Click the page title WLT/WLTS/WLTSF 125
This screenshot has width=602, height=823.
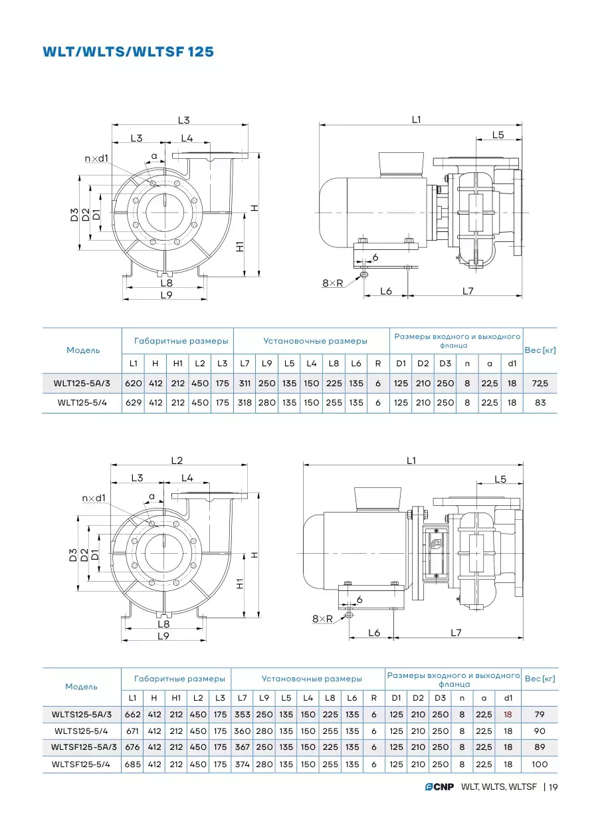click(x=128, y=52)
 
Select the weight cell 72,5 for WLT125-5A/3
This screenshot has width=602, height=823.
click(x=540, y=384)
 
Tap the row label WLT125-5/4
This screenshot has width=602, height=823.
click(x=82, y=403)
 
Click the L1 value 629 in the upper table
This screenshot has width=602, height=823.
click(x=134, y=403)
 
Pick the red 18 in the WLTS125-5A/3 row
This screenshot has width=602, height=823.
click(x=508, y=714)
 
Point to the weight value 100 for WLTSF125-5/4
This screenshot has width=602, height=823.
click(x=540, y=764)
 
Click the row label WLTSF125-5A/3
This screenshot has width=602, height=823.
click(x=84, y=747)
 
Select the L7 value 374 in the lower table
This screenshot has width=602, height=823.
click(x=242, y=764)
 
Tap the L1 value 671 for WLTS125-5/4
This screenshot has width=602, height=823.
click(x=132, y=731)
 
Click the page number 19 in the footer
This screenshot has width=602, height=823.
click(x=553, y=787)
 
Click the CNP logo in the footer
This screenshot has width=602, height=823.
click(x=439, y=786)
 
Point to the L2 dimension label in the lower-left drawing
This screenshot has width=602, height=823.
click(x=177, y=461)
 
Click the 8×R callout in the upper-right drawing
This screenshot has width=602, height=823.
click(x=332, y=283)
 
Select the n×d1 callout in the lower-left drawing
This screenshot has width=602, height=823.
click(x=94, y=498)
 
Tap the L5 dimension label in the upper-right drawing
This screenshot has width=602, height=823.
click(x=498, y=135)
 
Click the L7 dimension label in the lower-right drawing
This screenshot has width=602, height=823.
click(x=456, y=633)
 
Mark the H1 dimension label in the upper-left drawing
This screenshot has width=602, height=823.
click(x=240, y=246)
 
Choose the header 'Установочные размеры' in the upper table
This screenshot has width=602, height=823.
click(x=315, y=341)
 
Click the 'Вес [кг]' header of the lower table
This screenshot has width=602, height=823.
click(x=540, y=679)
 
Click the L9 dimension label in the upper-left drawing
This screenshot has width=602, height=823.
click(x=166, y=294)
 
